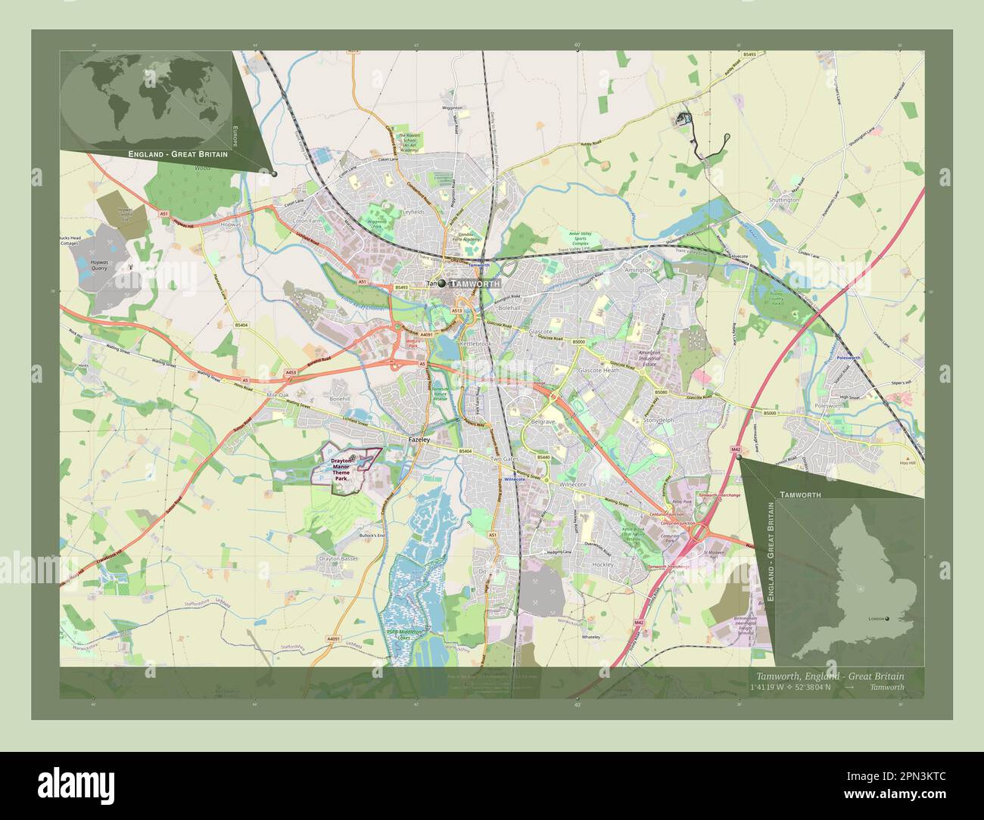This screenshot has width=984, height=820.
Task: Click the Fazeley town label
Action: (x=419, y=440)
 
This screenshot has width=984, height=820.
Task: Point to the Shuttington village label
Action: (x=783, y=200)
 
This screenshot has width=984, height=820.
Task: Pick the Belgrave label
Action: (x=543, y=421)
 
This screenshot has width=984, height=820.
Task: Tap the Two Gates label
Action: (x=506, y=459)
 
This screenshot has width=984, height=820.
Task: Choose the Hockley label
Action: (x=603, y=565)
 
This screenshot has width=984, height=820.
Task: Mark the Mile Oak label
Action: (x=278, y=396)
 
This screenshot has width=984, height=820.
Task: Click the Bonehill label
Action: (x=338, y=398)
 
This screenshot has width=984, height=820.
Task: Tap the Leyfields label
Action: (x=413, y=213)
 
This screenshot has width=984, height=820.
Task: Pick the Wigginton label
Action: (x=453, y=108)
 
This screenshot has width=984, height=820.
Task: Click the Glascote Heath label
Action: (x=599, y=371)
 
